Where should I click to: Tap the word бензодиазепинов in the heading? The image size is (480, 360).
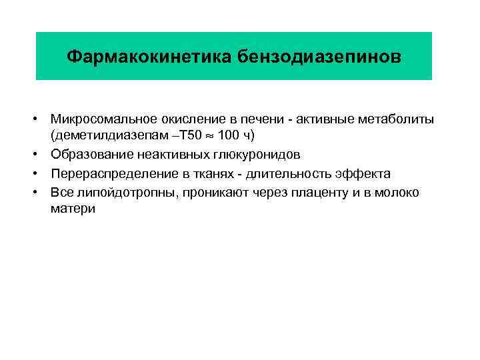tap(318, 56)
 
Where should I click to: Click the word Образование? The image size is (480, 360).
tap(89, 155)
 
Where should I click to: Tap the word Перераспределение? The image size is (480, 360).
tap(108, 173)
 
